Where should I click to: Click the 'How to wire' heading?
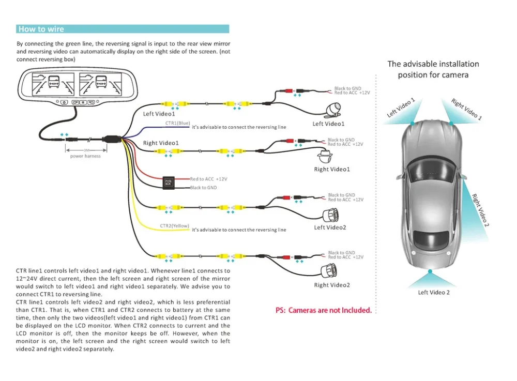pyautogui.click(x=41, y=29)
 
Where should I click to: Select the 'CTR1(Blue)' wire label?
pyautogui.click(x=177, y=124)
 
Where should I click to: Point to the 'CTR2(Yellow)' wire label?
pyautogui.click(x=174, y=226)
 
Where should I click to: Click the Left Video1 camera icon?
pyautogui.click(x=332, y=110)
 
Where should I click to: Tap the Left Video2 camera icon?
pyautogui.click(x=331, y=214)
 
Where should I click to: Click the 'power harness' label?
pyautogui.click(x=85, y=156)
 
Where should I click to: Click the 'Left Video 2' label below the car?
pyautogui.click(x=434, y=293)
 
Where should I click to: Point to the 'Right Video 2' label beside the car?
pyautogui.click(x=480, y=210)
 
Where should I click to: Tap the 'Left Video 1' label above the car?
pyautogui.click(x=401, y=108)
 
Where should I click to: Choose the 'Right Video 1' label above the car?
pyautogui.click(x=466, y=109)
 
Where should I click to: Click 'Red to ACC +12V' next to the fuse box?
pyautogui.click(x=209, y=179)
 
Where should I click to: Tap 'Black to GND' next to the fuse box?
pyautogui.click(x=204, y=188)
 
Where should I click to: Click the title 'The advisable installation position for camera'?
pyautogui.click(x=433, y=69)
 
